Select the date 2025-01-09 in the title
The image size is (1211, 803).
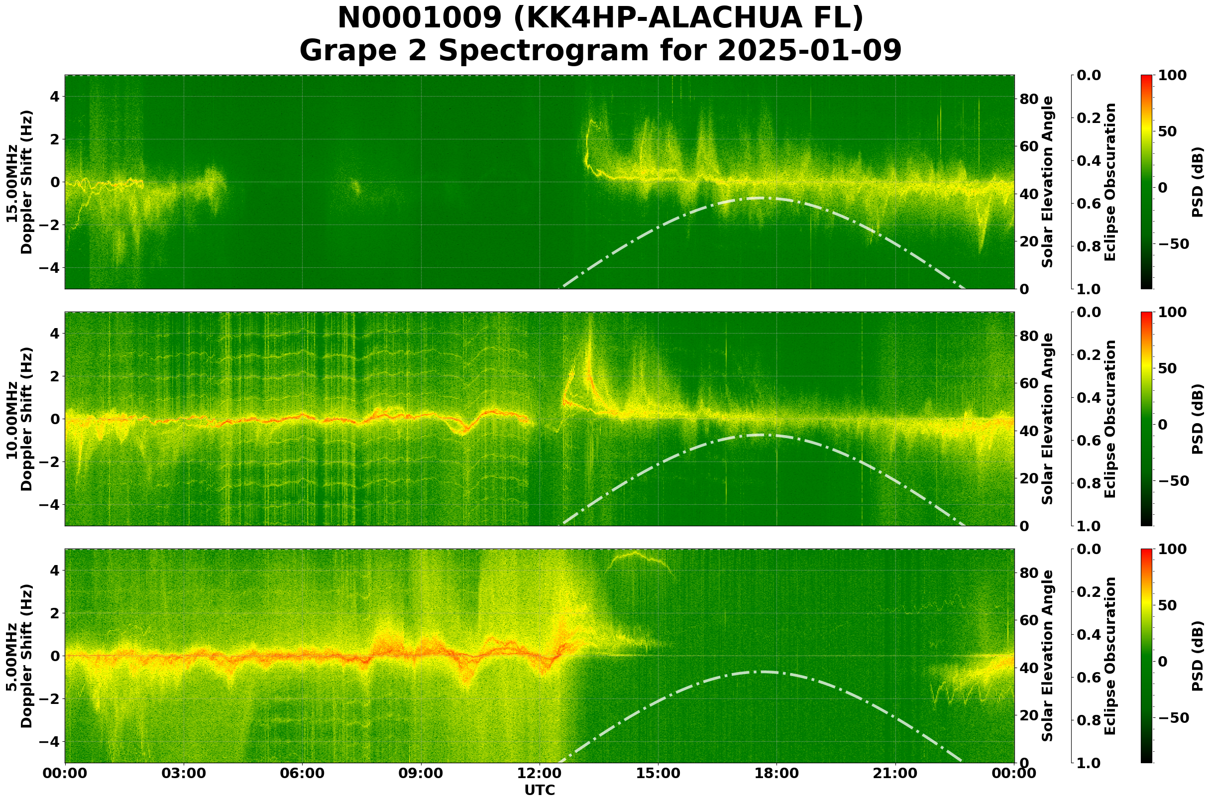pos(809,50)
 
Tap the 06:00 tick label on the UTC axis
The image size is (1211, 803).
pos(302,773)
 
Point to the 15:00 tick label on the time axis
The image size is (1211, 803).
pos(658,773)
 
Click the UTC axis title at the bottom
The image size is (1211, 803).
pos(539,790)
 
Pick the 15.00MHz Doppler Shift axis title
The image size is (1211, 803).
pos(19,182)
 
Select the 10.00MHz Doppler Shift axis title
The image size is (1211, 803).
pos(19,419)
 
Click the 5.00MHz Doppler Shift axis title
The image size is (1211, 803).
pos(19,656)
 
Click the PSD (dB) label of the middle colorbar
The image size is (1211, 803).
pos(1197,419)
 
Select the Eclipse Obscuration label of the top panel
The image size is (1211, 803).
pos(1109,182)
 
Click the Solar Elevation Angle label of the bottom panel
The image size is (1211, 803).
pos(1048,656)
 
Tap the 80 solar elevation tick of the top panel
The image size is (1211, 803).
pos(1029,99)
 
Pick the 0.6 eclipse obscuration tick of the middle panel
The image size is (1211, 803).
pos(1090,441)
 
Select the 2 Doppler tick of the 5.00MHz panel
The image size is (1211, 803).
pos(54,613)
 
